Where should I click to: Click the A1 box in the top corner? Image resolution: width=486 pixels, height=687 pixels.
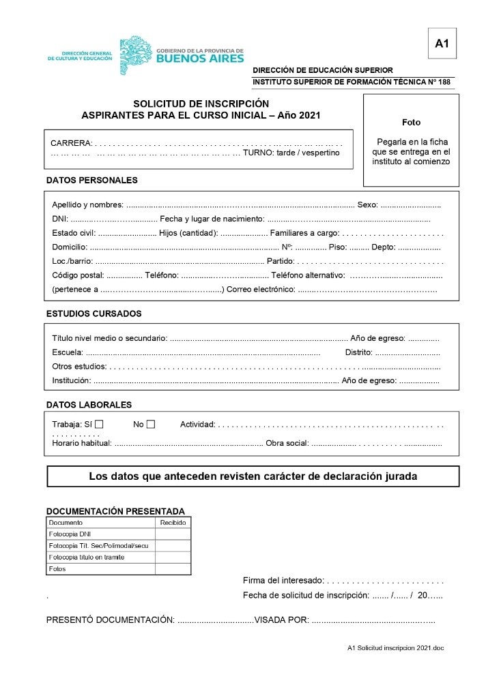pos(442,44)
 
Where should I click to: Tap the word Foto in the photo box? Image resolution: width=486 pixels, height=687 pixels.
pos(411,123)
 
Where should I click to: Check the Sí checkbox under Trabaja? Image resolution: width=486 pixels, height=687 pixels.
pos(99,425)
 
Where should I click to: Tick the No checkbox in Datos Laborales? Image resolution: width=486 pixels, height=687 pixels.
pos(150,425)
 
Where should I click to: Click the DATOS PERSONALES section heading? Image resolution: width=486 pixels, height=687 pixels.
pos(91,181)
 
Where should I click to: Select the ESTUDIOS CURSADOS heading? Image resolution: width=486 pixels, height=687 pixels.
pos(94,314)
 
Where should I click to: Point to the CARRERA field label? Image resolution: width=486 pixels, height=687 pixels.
pos(71,143)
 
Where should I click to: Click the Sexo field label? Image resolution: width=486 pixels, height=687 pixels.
pos(367,204)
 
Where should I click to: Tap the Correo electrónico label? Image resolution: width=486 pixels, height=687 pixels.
pos(261,290)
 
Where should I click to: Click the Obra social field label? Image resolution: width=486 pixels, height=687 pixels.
pos(287,443)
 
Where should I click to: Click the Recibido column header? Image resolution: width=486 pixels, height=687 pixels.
pos(173,523)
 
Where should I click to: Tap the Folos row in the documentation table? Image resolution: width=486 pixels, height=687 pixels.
pos(58,569)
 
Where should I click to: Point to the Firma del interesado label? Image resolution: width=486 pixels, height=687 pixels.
pos(283,581)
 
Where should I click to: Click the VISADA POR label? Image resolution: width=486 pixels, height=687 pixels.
pos(281,620)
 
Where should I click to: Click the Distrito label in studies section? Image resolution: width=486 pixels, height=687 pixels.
pos(358,352)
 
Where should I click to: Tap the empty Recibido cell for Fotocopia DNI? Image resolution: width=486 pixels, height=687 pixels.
pos(173,534)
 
